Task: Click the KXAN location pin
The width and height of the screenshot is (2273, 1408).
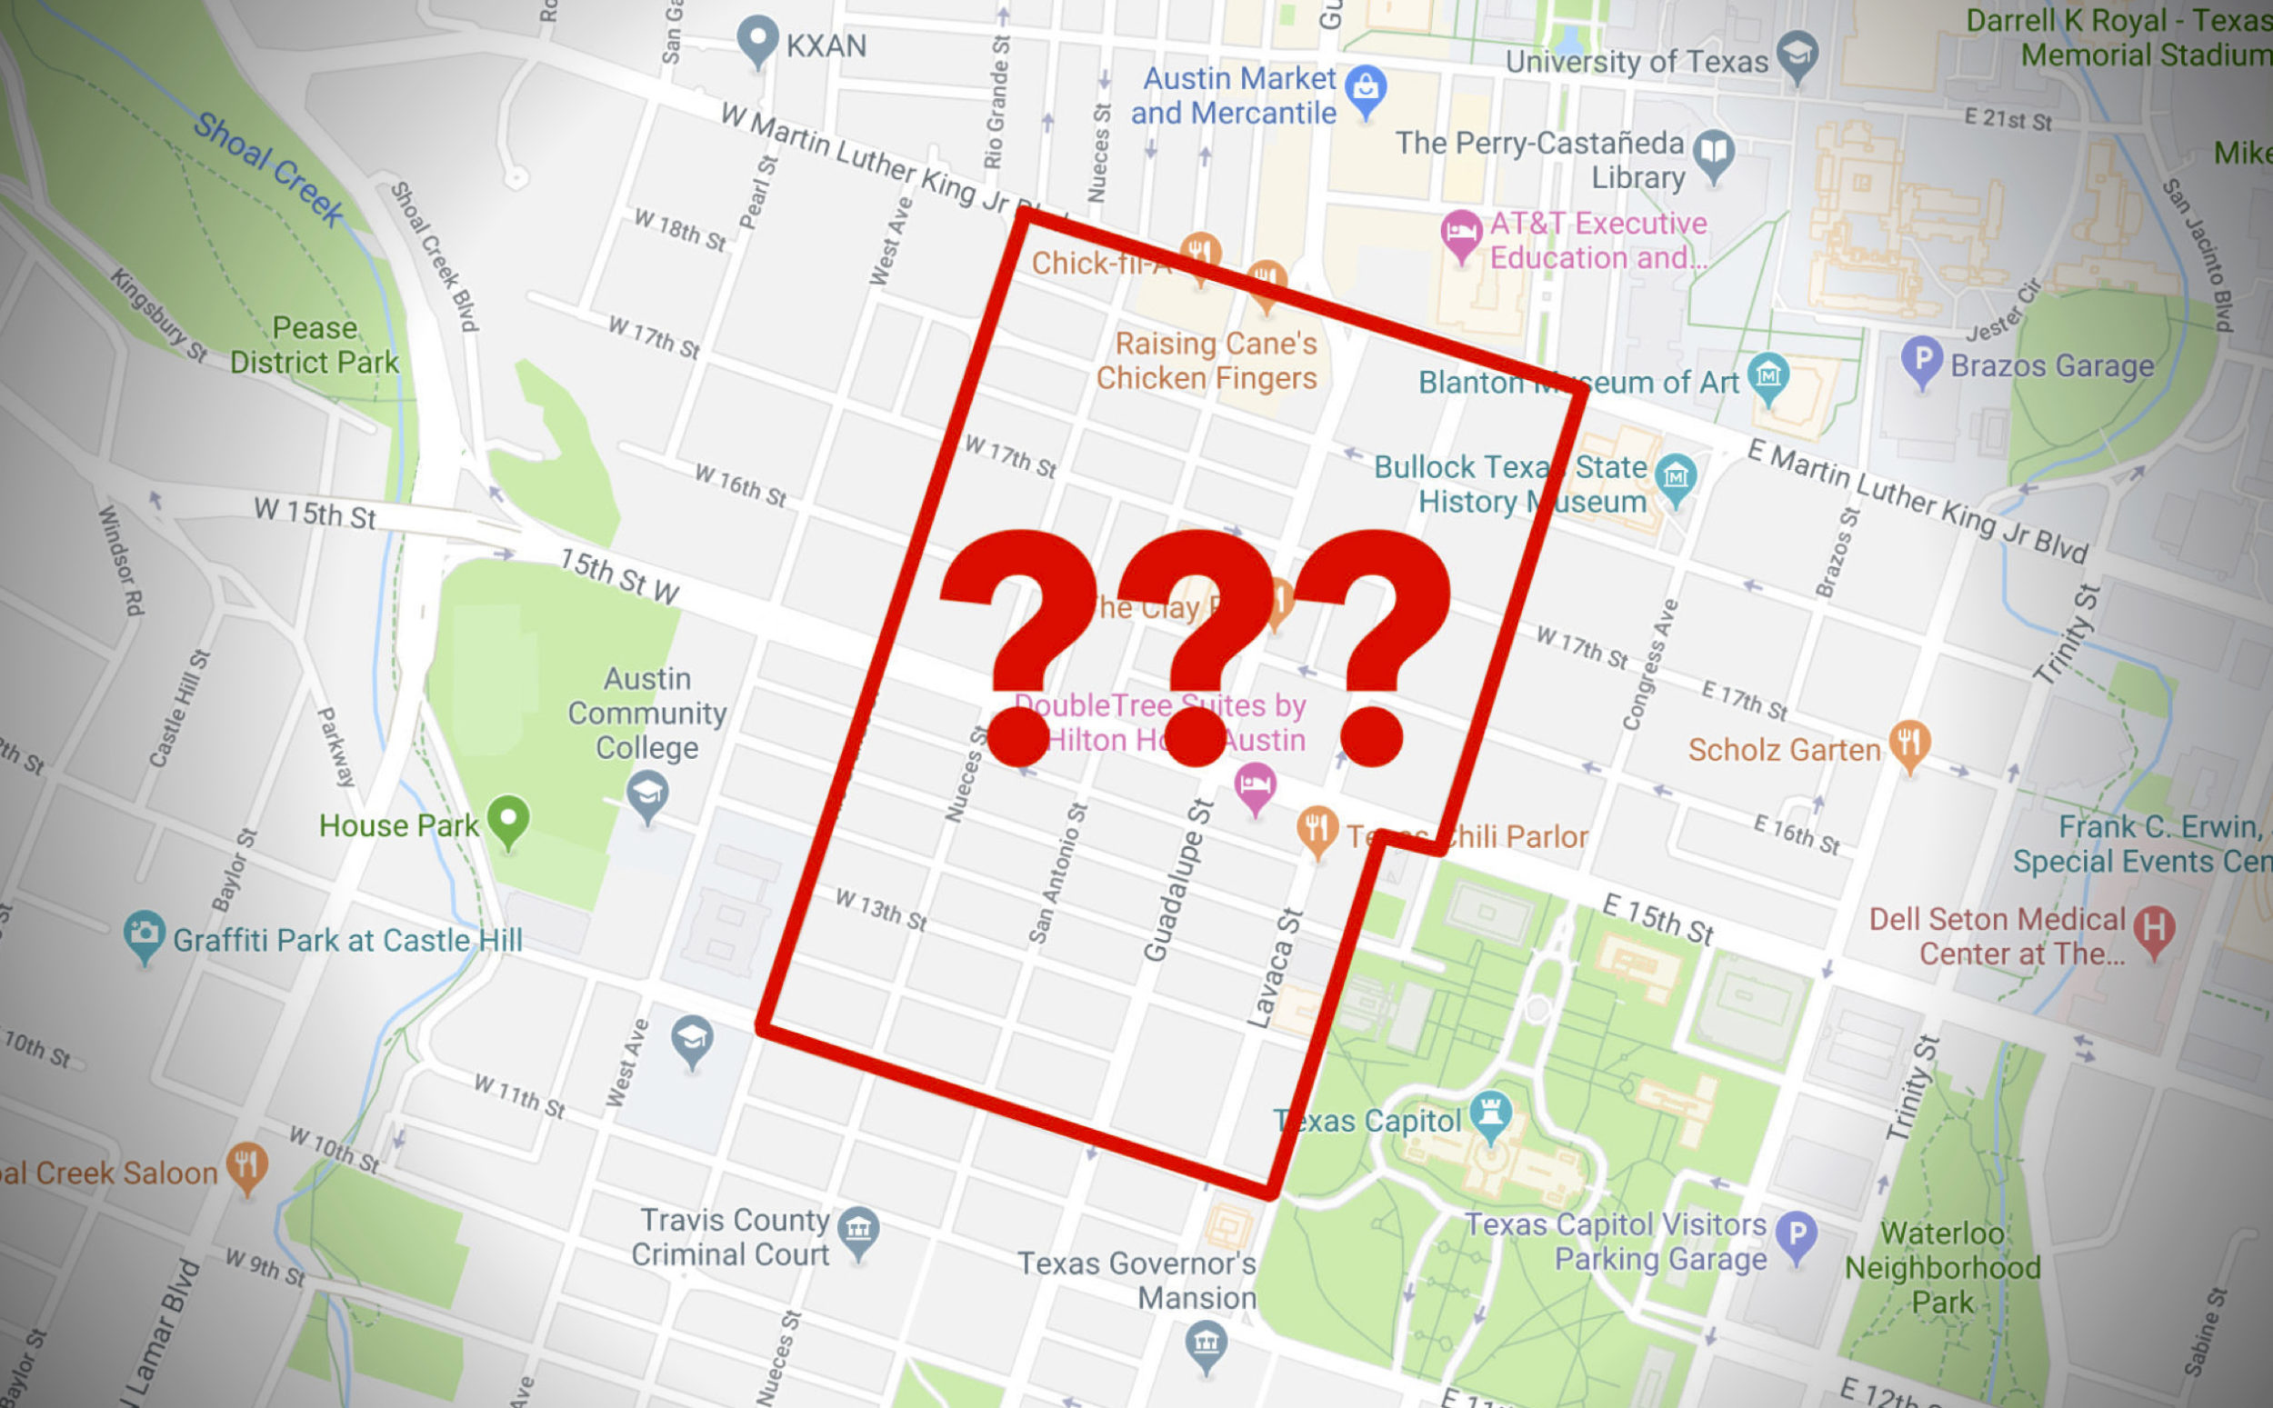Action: [757, 39]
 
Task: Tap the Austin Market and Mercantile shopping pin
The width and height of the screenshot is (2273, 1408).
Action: [1366, 88]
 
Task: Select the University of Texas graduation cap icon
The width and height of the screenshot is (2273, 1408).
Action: [1797, 54]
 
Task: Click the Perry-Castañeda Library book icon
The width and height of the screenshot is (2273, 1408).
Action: [1714, 152]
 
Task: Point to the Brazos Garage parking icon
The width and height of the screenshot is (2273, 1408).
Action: [1921, 358]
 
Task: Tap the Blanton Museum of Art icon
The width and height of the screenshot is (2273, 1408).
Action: [1767, 375]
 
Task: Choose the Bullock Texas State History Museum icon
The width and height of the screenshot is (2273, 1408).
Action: [1675, 477]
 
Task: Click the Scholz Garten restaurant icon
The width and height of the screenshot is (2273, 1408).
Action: [1909, 744]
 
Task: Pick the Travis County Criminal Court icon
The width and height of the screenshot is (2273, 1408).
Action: [857, 1229]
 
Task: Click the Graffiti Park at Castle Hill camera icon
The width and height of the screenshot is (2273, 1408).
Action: [145, 934]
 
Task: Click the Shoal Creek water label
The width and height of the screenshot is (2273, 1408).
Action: [268, 167]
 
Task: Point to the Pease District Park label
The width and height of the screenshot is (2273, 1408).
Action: [315, 345]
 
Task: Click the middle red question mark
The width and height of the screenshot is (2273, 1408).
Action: [1197, 643]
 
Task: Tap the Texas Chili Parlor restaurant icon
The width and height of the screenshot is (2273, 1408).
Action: [1317, 827]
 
